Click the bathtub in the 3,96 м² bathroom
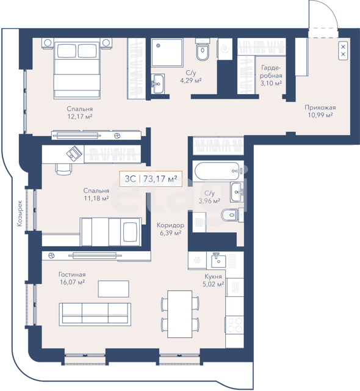click(217, 171)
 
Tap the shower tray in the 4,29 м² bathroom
click(167, 53)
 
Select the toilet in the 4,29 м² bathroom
click(203, 49)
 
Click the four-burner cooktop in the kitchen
click(234, 325)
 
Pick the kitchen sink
click(218, 260)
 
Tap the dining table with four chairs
click(180, 313)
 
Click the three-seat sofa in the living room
click(95, 315)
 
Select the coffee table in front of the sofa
click(113, 289)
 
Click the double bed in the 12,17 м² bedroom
click(77, 68)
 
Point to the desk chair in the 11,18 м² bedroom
click(63, 169)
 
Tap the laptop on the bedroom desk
click(74, 152)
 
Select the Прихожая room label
click(320, 108)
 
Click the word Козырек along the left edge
click(20, 213)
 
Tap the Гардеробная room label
click(271, 71)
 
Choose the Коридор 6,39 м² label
click(170, 229)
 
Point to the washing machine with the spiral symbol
click(226, 49)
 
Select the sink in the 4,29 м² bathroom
click(157, 84)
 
